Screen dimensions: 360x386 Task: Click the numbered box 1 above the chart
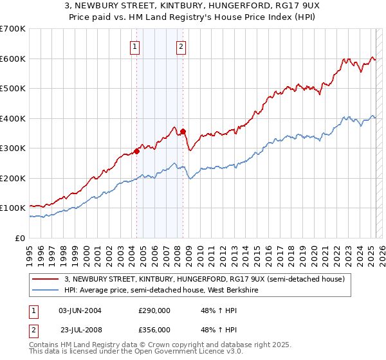point(136,46)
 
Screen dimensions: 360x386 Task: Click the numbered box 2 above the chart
point(181,46)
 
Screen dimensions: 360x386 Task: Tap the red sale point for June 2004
point(136,152)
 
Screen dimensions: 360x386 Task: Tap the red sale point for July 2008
point(183,132)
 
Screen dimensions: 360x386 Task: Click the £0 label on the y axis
point(19,238)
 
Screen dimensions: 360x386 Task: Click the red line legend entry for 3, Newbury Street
point(205,280)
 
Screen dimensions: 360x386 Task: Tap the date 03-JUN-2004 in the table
point(80,310)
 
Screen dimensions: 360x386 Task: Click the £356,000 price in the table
point(154,330)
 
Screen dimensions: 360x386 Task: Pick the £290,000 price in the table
point(154,310)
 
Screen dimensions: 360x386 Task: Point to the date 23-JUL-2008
point(80,330)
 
